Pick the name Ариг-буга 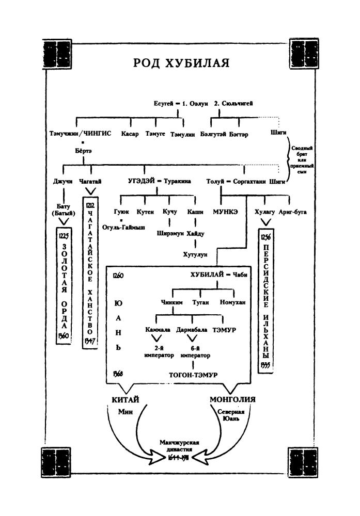click(292, 212)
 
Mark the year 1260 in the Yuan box click(118, 276)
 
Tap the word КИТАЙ click(126, 400)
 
